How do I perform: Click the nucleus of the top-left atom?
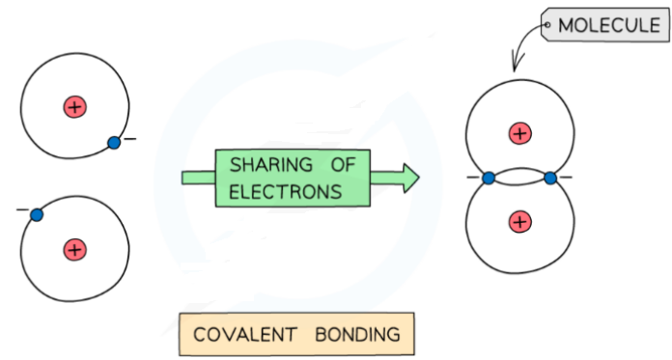pyautogui.click(x=74, y=106)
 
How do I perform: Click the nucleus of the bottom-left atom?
pyautogui.click(x=74, y=249)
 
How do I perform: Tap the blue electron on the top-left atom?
pyautogui.click(x=114, y=143)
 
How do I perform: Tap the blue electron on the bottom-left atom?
pyautogui.click(x=36, y=214)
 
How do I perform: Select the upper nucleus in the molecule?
pyautogui.click(x=520, y=132)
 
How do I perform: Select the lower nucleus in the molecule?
pyautogui.click(x=520, y=222)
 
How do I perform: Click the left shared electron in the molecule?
pyautogui.click(x=489, y=178)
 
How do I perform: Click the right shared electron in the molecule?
pyautogui.click(x=551, y=178)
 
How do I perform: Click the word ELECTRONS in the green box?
pyautogui.click(x=286, y=191)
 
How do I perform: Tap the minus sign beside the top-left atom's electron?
pyautogui.click(x=129, y=140)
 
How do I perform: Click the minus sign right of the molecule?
pyautogui.click(x=567, y=178)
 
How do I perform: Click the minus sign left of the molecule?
pyautogui.click(x=473, y=178)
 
